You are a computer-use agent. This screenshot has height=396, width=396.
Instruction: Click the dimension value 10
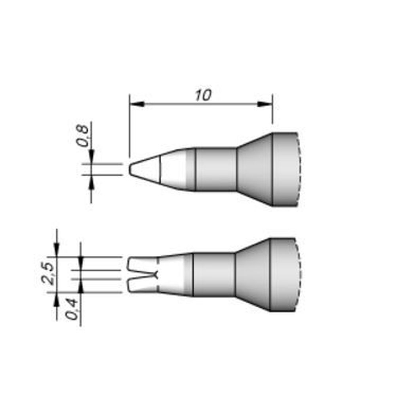(203, 95)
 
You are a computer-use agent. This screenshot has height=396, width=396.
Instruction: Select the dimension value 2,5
(49, 274)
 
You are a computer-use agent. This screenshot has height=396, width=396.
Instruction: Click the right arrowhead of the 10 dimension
(266, 104)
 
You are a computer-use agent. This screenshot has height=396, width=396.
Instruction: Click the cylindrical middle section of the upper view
(216, 169)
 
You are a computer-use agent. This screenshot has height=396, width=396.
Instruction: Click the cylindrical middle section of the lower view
(214, 274)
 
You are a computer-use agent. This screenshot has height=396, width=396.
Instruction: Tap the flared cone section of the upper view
(255, 169)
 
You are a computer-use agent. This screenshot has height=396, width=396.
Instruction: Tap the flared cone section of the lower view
(253, 274)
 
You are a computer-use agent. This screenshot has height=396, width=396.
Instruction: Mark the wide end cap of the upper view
(284, 169)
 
